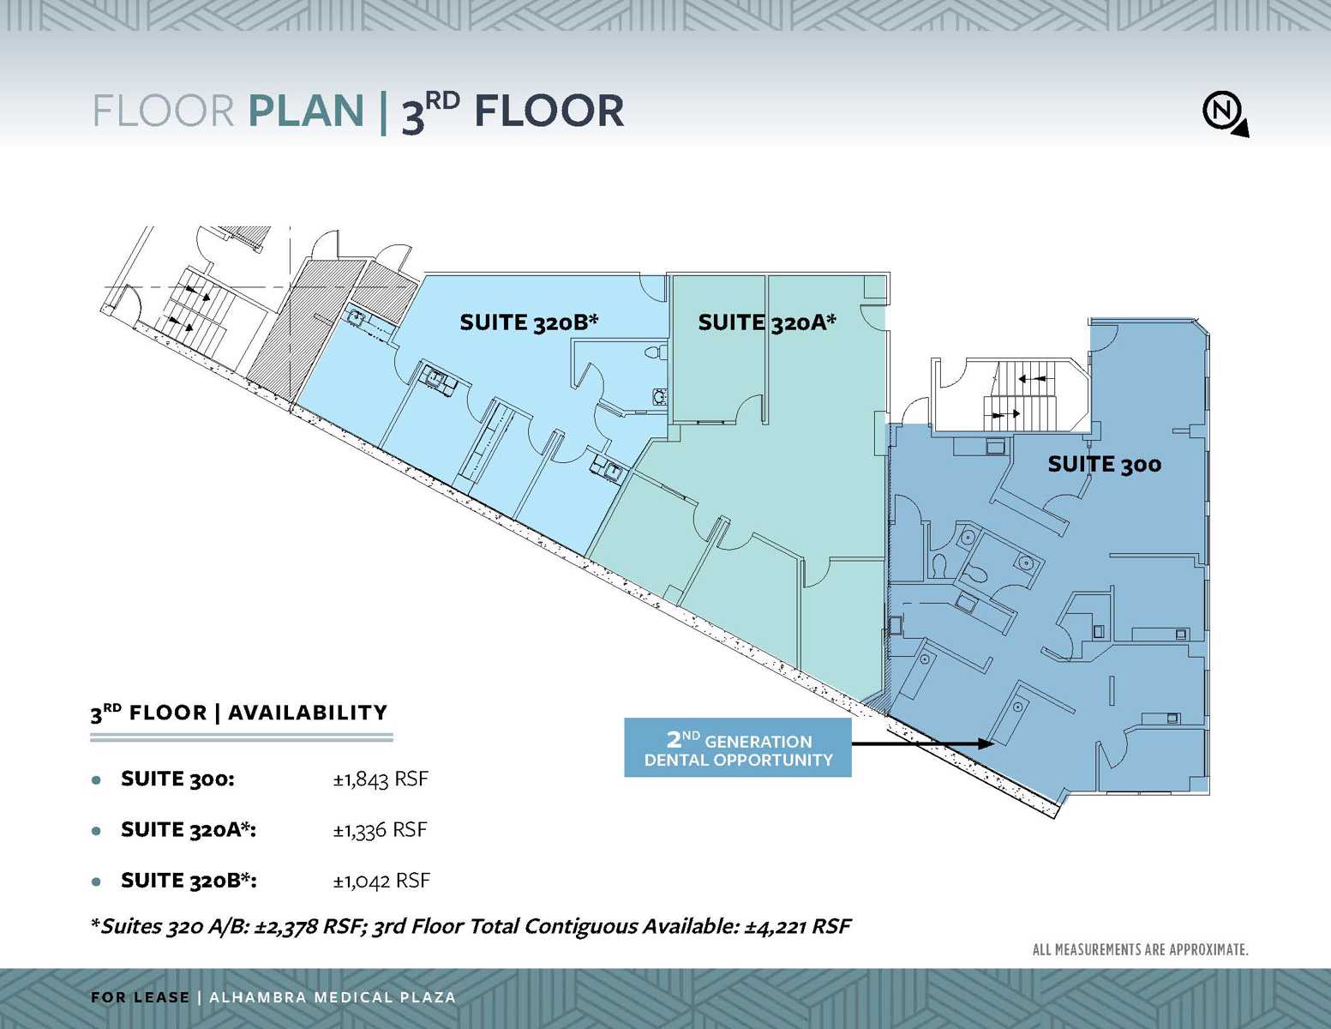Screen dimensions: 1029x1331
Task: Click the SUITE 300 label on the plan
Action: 1104,465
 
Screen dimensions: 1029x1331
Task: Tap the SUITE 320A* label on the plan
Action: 766,322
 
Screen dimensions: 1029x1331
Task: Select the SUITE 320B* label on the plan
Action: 528,322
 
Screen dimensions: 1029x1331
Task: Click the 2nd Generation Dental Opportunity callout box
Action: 737,749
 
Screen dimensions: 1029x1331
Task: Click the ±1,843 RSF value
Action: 381,779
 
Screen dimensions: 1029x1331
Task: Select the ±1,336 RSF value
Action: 380,830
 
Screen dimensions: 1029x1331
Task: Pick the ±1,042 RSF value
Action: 381,881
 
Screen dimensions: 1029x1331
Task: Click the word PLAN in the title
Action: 306,111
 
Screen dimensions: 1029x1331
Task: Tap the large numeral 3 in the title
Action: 413,116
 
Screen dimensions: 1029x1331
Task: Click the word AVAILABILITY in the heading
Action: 308,713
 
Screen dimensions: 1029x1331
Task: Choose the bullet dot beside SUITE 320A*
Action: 97,831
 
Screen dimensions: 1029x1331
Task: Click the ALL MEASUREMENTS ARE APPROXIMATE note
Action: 1140,949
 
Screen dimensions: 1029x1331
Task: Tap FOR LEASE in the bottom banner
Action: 140,997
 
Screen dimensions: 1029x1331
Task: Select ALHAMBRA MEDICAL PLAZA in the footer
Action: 333,997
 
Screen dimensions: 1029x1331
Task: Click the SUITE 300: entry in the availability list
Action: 177,779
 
